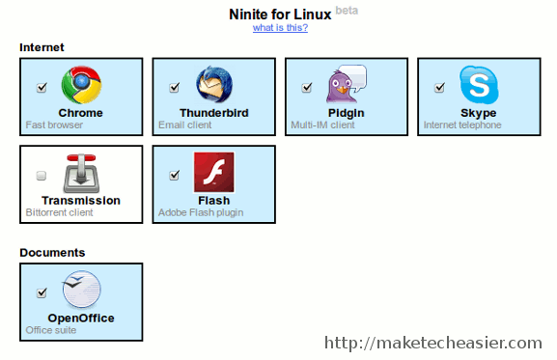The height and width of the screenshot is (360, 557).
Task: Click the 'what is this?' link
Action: tap(280, 27)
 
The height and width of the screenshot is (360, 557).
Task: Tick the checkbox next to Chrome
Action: tap(42, 88)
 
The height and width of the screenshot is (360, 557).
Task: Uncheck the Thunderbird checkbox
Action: tap(174, 88)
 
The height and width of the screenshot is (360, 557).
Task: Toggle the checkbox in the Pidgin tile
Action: tap(306, 88)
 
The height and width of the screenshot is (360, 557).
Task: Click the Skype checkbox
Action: tap(439, 88)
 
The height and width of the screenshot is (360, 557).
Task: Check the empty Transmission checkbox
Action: tap(42, 176)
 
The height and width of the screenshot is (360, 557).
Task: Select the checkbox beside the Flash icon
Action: tap(174, 176)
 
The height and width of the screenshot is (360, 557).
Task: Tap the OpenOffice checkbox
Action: tap(42, 293)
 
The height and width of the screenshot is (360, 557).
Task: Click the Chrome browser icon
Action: tap(81, 85)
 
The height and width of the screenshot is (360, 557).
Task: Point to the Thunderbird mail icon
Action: tap(213, 85)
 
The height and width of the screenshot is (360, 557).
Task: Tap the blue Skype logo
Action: tap(478, 85)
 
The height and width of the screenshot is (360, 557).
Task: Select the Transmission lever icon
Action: tap(81, 174)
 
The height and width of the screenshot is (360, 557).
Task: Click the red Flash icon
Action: tap(213, 173)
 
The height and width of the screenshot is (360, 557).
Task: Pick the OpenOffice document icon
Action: tap(81, 290)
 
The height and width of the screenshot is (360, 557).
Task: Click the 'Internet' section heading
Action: tap(42, 47)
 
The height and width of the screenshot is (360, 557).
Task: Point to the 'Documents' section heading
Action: tap(52, 253)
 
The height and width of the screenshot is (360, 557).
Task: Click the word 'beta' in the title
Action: tap(347, 11)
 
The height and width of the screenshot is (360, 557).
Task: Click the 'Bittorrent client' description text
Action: tap(60, 212)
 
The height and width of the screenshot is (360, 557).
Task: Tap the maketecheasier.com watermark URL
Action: tap(433, 343)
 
